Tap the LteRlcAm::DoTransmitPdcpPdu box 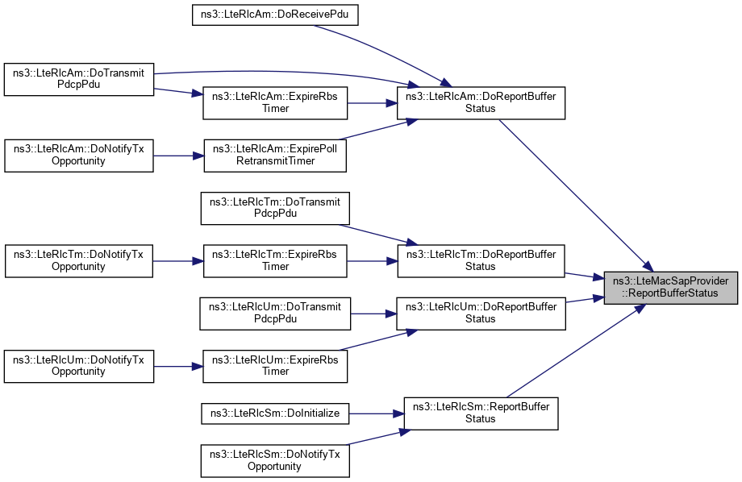(x=78, y=79)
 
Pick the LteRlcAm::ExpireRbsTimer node (x=274, y=102)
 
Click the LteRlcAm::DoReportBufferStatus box (x=480, y=102)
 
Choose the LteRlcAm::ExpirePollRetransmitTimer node (x=274, y=154)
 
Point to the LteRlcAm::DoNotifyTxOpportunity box (x=78, y=154)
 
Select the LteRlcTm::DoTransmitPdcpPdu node (x=274, y=207)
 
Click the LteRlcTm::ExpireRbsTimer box (x=274, y=260)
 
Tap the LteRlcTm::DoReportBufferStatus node (x=480, y=260)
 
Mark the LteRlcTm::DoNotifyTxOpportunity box (x=78, y=260)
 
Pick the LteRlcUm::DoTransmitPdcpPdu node (x=274, y=313)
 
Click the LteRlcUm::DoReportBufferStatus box (x=480, y=313)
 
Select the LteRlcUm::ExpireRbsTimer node (x=274, y=365)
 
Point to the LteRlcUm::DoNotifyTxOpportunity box (x=78, y=365)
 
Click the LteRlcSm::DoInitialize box (x=274, y=413)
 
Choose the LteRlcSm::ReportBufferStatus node (x=480, y=413)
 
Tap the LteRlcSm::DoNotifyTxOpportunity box (x=274, y=460)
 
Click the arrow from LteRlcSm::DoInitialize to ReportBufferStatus (x=375, y=413)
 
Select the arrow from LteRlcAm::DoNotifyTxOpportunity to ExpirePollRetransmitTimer (x=177, y=154)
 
